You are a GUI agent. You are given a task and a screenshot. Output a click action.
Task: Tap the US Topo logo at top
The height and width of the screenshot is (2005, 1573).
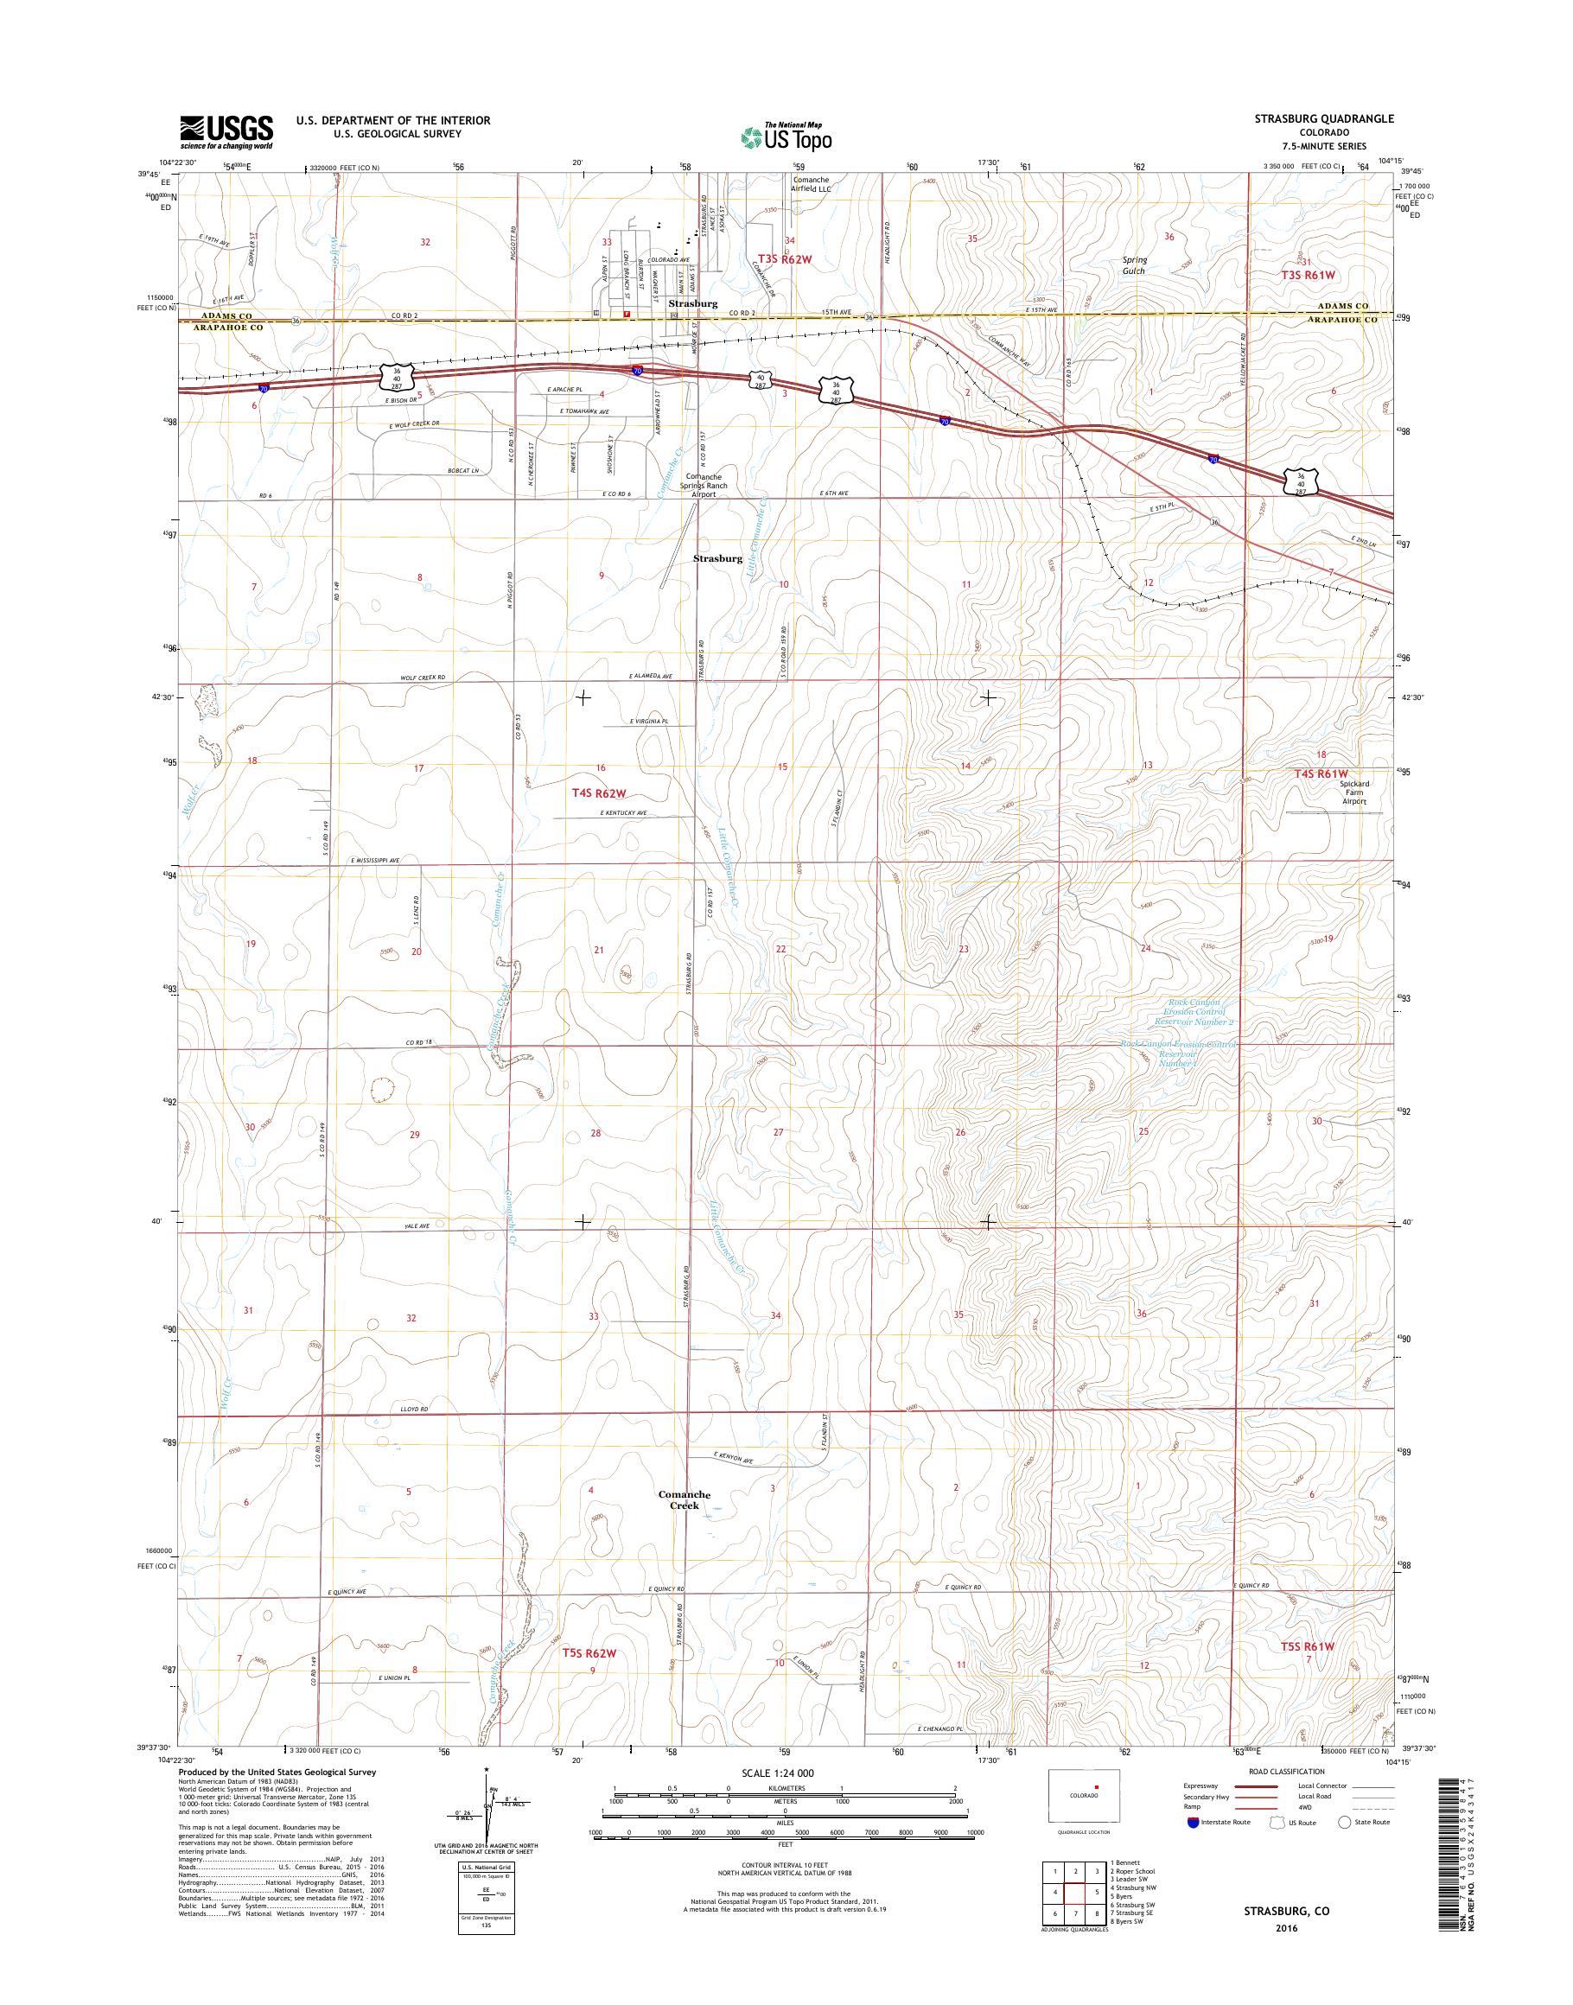(786, 137)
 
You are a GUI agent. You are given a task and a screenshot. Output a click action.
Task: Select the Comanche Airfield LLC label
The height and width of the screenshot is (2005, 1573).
(811, 184)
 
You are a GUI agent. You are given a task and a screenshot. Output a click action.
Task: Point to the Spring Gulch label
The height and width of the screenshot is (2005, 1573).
(1133, 265)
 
